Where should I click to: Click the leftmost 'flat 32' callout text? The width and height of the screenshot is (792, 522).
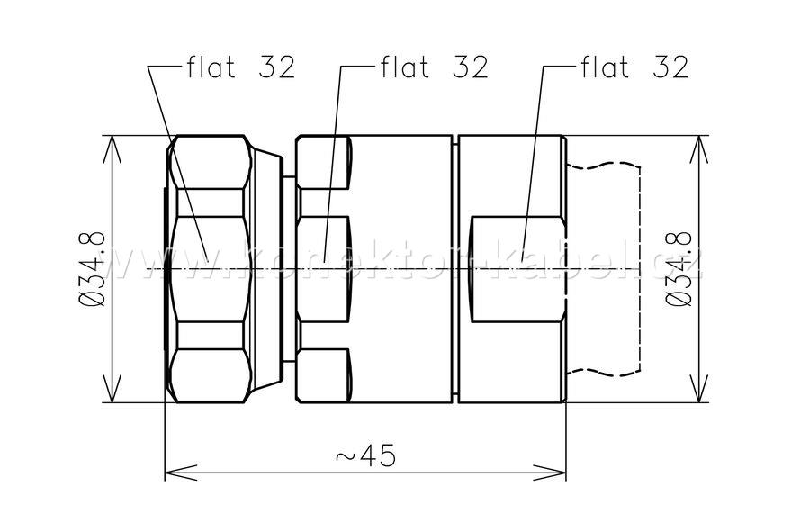[241, 67]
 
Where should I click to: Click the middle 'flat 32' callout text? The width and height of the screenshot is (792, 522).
[435, 67]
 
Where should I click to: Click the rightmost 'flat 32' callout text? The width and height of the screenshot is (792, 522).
[634, 67]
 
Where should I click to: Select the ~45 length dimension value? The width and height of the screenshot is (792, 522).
[365, 456]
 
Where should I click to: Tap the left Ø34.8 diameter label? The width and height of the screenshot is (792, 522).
[93, 269]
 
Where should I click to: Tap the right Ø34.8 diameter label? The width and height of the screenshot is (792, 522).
[679, 269]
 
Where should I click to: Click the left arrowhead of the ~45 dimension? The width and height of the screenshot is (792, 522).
[181, 472]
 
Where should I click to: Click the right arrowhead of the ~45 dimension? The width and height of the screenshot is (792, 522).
[550, 472]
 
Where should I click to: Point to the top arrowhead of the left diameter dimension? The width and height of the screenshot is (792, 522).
[112, 149]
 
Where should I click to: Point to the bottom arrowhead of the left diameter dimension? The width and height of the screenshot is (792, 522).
[112, 389]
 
